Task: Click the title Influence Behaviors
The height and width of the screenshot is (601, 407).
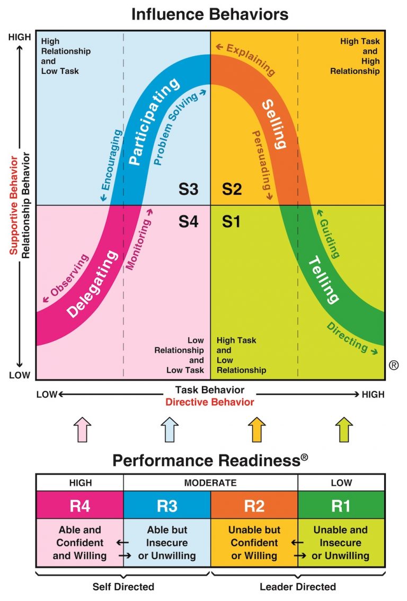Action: (x=210, y=13)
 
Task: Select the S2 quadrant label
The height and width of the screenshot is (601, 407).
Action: (x=232, y=189)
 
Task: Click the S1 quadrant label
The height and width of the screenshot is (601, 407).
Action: (x=231, y=221)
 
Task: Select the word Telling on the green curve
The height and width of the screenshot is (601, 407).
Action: (x=323, y=280)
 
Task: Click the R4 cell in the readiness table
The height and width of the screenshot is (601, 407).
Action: (x=79, y=506)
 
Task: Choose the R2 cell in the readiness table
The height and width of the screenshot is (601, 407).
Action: (x=254, y=506)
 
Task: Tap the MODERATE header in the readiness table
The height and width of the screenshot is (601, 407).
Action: (x=210, y=483)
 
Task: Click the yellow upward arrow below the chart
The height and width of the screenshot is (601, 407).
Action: (x=257, y=429)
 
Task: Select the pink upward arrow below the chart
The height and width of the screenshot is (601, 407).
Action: (x=82, y=429)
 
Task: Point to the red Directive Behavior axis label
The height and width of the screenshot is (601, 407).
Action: (x=210, y=402)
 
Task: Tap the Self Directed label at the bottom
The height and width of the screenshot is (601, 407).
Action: (x=123, y=587)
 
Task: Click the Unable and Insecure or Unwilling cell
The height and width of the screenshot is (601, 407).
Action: (x=340, y=543)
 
